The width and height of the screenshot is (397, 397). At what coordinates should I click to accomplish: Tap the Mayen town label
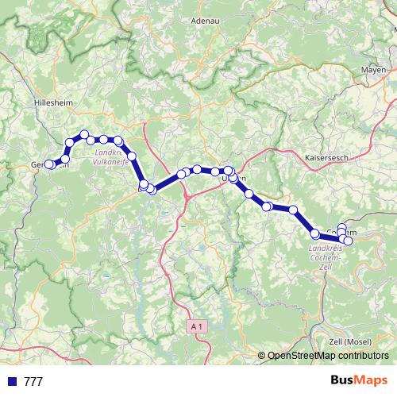pos(373,70)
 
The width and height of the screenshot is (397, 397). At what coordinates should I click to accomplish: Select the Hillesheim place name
pos(53,104)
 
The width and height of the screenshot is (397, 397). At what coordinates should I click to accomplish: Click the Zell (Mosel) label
pos(349,341)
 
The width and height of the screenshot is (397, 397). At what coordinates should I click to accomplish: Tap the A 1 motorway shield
pos(198,326)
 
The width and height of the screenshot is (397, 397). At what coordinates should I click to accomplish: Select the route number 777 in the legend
pos(33,382)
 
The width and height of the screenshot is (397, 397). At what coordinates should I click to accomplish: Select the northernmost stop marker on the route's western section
pos(84,134)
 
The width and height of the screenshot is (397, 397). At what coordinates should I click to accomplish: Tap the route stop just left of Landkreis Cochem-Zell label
pos(315,233)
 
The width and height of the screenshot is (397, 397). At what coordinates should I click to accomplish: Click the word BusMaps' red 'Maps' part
pos(369,381)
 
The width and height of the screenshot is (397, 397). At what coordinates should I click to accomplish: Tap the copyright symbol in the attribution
pos(263,357)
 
